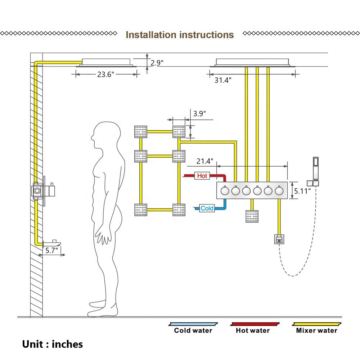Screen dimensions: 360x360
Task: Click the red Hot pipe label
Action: [202, 176]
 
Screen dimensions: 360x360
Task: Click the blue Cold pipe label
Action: [207, 208]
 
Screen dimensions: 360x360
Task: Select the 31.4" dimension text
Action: [223, 80]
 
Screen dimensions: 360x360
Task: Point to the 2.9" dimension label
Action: [157, 63]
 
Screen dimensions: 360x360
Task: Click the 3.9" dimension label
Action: [199, 114]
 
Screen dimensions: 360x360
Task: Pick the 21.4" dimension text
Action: [205, 160]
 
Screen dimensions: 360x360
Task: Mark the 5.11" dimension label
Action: [302, 191]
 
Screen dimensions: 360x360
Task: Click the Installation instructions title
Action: [180, 35]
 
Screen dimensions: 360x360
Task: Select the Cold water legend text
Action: [193, 330]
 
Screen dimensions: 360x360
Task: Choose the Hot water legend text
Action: [253, 330]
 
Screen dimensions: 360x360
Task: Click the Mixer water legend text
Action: [317, 330]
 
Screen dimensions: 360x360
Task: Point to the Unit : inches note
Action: [53, 344]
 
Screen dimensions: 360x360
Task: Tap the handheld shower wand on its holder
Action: [315, 168]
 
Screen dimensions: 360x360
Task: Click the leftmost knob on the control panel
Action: [224, 191]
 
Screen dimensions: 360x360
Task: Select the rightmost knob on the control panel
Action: [279, 191]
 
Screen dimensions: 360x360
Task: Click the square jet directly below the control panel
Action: [252, 216]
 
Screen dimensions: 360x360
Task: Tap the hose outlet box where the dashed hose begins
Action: [279, 239]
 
